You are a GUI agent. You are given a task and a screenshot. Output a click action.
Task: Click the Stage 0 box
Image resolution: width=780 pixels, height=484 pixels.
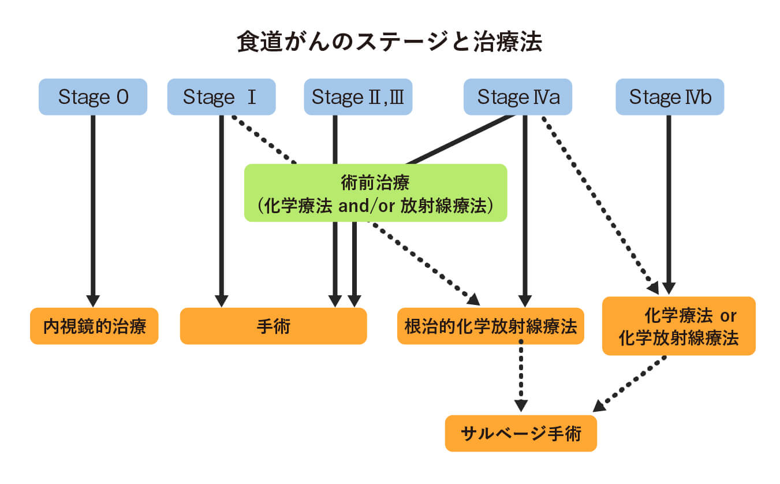[93, 97]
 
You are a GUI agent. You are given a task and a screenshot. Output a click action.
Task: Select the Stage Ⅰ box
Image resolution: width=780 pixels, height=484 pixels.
[221, 97]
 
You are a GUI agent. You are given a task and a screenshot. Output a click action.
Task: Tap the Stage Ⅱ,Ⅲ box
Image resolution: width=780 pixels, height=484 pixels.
[358, 97]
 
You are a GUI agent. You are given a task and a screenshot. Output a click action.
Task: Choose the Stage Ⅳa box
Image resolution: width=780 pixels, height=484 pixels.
[518, 97]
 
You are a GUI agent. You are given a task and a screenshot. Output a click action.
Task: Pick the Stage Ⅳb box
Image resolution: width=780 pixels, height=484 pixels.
[670, 97]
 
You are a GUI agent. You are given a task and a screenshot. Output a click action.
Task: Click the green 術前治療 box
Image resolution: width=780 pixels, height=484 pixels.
[375, 193]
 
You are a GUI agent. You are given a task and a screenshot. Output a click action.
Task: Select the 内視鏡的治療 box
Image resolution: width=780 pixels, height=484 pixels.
[94, 326]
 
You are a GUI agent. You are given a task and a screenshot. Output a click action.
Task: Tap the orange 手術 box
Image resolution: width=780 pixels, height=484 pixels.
[273, 326]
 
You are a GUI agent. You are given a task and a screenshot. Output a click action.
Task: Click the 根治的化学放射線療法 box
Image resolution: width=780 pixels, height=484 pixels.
[490, 326]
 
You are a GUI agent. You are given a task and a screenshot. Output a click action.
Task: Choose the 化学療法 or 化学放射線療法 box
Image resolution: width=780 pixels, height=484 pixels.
[678, 326]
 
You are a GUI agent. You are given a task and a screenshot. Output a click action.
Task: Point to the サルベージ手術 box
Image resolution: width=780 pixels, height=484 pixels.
[520, 433]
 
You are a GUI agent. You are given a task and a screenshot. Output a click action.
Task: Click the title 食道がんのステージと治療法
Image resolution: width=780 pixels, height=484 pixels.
[390, 42]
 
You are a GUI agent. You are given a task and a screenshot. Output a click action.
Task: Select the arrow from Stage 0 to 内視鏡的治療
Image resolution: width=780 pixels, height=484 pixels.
[93, 208]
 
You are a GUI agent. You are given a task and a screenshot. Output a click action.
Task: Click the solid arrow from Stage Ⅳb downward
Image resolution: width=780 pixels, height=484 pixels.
[669, 202]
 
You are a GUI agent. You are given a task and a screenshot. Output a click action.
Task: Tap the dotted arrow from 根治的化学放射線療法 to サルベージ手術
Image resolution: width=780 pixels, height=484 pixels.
[521, 375]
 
